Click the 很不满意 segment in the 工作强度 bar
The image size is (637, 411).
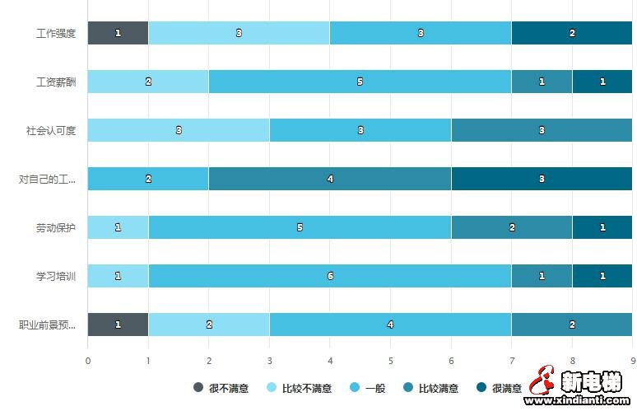pos(118,33)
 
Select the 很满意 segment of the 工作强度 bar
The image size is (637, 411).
pos(572,33)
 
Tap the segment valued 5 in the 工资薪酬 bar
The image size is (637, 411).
pos(360,82)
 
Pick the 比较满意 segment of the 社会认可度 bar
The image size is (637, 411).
pos(542,130)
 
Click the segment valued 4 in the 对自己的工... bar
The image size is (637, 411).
pos(329,179)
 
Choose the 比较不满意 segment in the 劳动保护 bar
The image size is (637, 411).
pos(118,227)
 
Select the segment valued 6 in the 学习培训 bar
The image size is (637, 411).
pos(329,276)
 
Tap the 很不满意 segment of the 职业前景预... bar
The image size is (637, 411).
pos(118,325)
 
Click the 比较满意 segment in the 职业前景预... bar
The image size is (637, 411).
pos(572,325)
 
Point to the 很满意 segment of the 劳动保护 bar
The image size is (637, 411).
pos(602,227)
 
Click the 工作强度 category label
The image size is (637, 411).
pos(56,34)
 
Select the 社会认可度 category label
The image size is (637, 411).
pos(51,131)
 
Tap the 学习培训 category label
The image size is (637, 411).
pos(56,277)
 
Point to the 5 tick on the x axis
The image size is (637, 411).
pos(390,360)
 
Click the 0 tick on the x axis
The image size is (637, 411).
pos(88,360)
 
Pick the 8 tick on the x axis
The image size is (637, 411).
pos(572,360)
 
